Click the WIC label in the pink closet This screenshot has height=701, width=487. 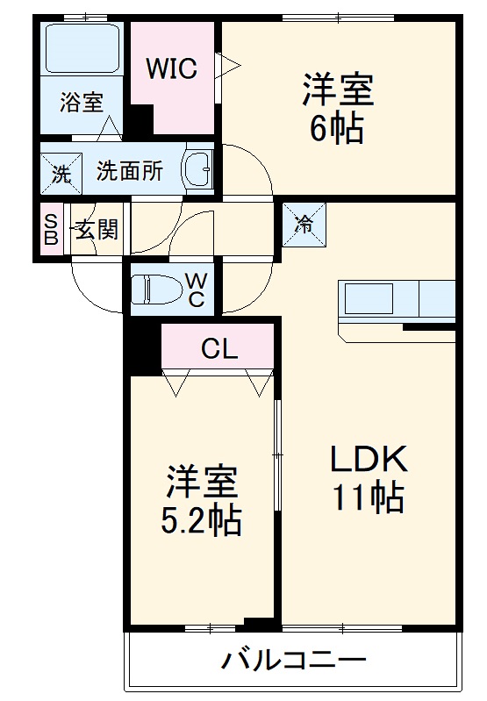[x=171, y=68]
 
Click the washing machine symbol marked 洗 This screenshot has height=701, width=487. [x=61, y=173]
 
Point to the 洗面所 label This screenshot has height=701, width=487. [x=129, y=171]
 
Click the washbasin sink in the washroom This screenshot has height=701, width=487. [x=198, y=169]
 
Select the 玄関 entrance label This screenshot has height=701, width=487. [x=96, y=231]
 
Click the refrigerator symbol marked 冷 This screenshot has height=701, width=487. [x=304, y=223]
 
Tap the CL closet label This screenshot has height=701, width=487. [x=219, y=348]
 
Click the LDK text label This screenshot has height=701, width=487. [x=369, y=460]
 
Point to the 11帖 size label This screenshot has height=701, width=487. [x=369, y=498]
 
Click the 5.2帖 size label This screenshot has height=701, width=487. [x=202, y=522]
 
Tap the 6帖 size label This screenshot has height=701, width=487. [x=338, y=129]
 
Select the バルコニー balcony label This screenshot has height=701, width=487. [x=293, y=660]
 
